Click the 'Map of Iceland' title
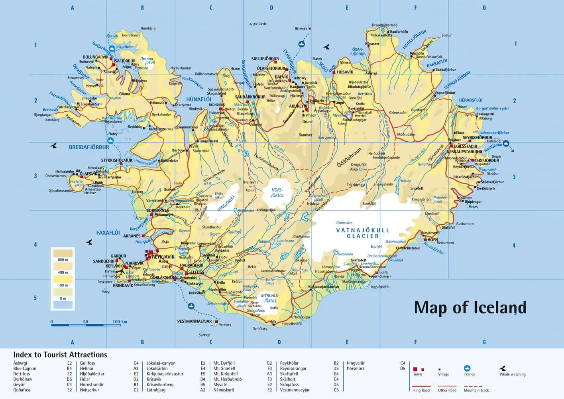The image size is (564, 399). tap(470, 308)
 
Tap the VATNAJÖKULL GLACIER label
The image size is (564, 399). tap(362, 233)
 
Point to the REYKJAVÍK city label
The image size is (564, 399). tap(163, 257)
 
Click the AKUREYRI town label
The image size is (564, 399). tap(298, 106)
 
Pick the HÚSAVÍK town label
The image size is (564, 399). tap(345, 72)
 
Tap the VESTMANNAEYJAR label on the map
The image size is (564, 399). tap(194, 321)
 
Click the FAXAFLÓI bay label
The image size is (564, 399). tap(108, 233)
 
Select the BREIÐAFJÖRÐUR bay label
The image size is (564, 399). tap(89, 147)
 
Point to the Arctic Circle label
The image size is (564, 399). tap(257, 24)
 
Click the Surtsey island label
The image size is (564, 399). tap(204, 335)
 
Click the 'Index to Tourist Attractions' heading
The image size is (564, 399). tap(60, 355)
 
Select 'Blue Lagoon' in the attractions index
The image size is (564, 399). tap(25, 369)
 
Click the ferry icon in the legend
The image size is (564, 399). tap(468, 368)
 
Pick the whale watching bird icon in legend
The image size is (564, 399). tap(503, 368)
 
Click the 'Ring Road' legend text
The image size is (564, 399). tap(421, 390)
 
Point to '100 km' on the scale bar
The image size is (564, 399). tap(120, 322)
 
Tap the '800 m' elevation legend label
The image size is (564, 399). tap(63, 260)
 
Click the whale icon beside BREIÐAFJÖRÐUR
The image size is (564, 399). tap(53, 146)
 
